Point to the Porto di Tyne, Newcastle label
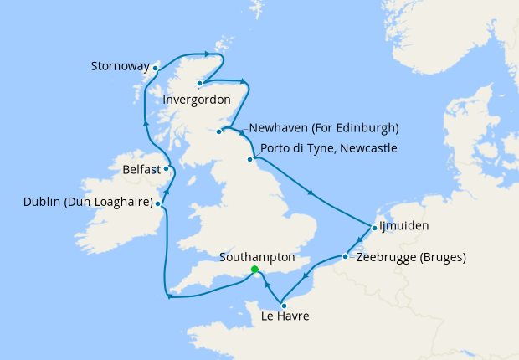coord(328,148)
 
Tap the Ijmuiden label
coord(403,226)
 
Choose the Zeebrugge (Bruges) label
coord(411,256)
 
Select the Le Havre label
coord(285,316)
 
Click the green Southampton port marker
coord(254,270)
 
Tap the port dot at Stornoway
coord(156,68)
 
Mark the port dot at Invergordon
coord(199,83)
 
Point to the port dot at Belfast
coord(166,168)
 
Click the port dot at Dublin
coord(158,203)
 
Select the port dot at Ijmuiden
coord(373,227)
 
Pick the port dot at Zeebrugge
coord(345,256)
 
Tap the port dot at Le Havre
coord(284,305)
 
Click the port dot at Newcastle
coord(249,159)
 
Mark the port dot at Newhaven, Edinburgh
coord(219,131)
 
